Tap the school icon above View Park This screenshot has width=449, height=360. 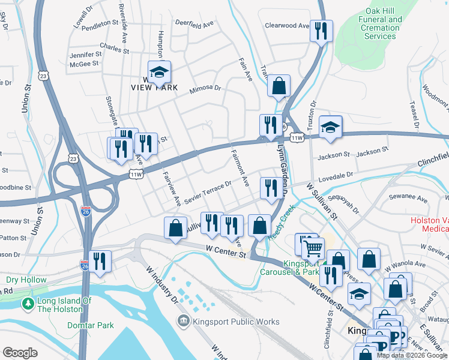click(x=159, y=72)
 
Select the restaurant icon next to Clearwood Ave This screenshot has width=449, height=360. click(x=321, y=29)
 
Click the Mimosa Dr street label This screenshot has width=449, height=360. click(x=205, y=88)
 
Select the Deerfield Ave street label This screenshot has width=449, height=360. click(x=194, y=24)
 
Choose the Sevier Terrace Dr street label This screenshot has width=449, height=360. click(x=208, y=191)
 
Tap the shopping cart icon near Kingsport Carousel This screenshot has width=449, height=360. click(x=313, y=247)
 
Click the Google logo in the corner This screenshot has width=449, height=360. click(x=20, y=353)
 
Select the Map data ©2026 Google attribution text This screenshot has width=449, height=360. click(x=412, y=355)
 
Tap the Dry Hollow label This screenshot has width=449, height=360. click(x=26, y=280)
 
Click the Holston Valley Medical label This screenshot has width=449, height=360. click(x=430, y=224)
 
